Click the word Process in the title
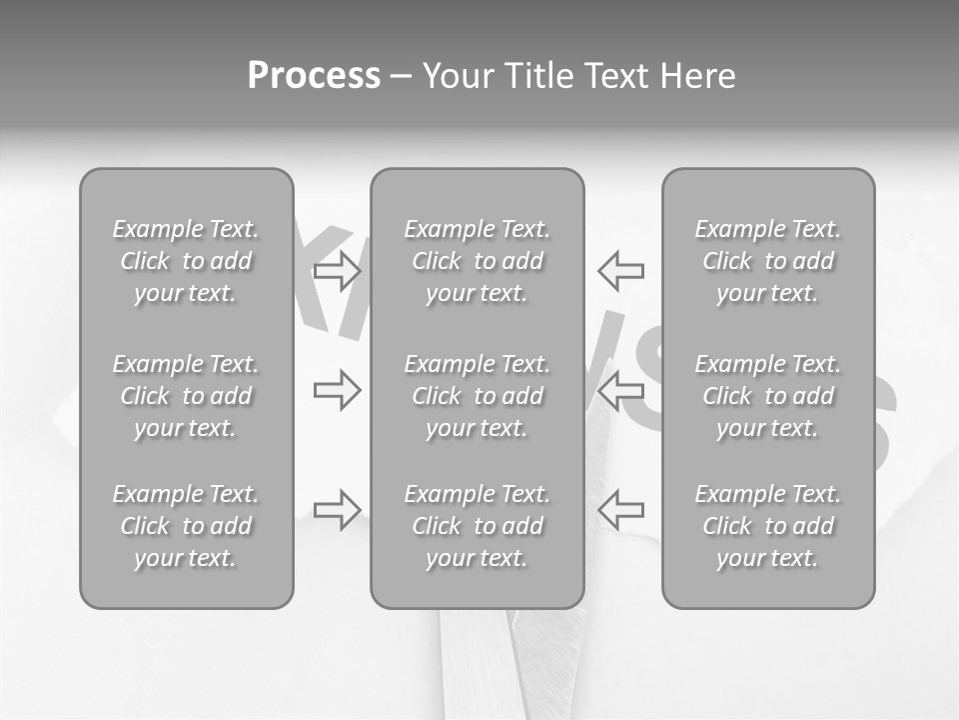pos(314,76)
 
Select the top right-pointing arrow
pos(337,271)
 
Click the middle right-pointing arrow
pos(337,390)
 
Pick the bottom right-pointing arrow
pos(337,510)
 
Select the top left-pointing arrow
pos(621,271)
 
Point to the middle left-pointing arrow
pos(621,390)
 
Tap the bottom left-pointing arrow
pos(621,510)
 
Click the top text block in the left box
pos(186,261)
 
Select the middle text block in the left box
pos(186,396)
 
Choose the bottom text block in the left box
pos(186,526)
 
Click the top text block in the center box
pos(478,261)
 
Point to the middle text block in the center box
pos(478,396)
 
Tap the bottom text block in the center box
pos(478,526)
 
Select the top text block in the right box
pos(768,261)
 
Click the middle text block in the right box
pos(768,396)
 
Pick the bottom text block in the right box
pos(768,526)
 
